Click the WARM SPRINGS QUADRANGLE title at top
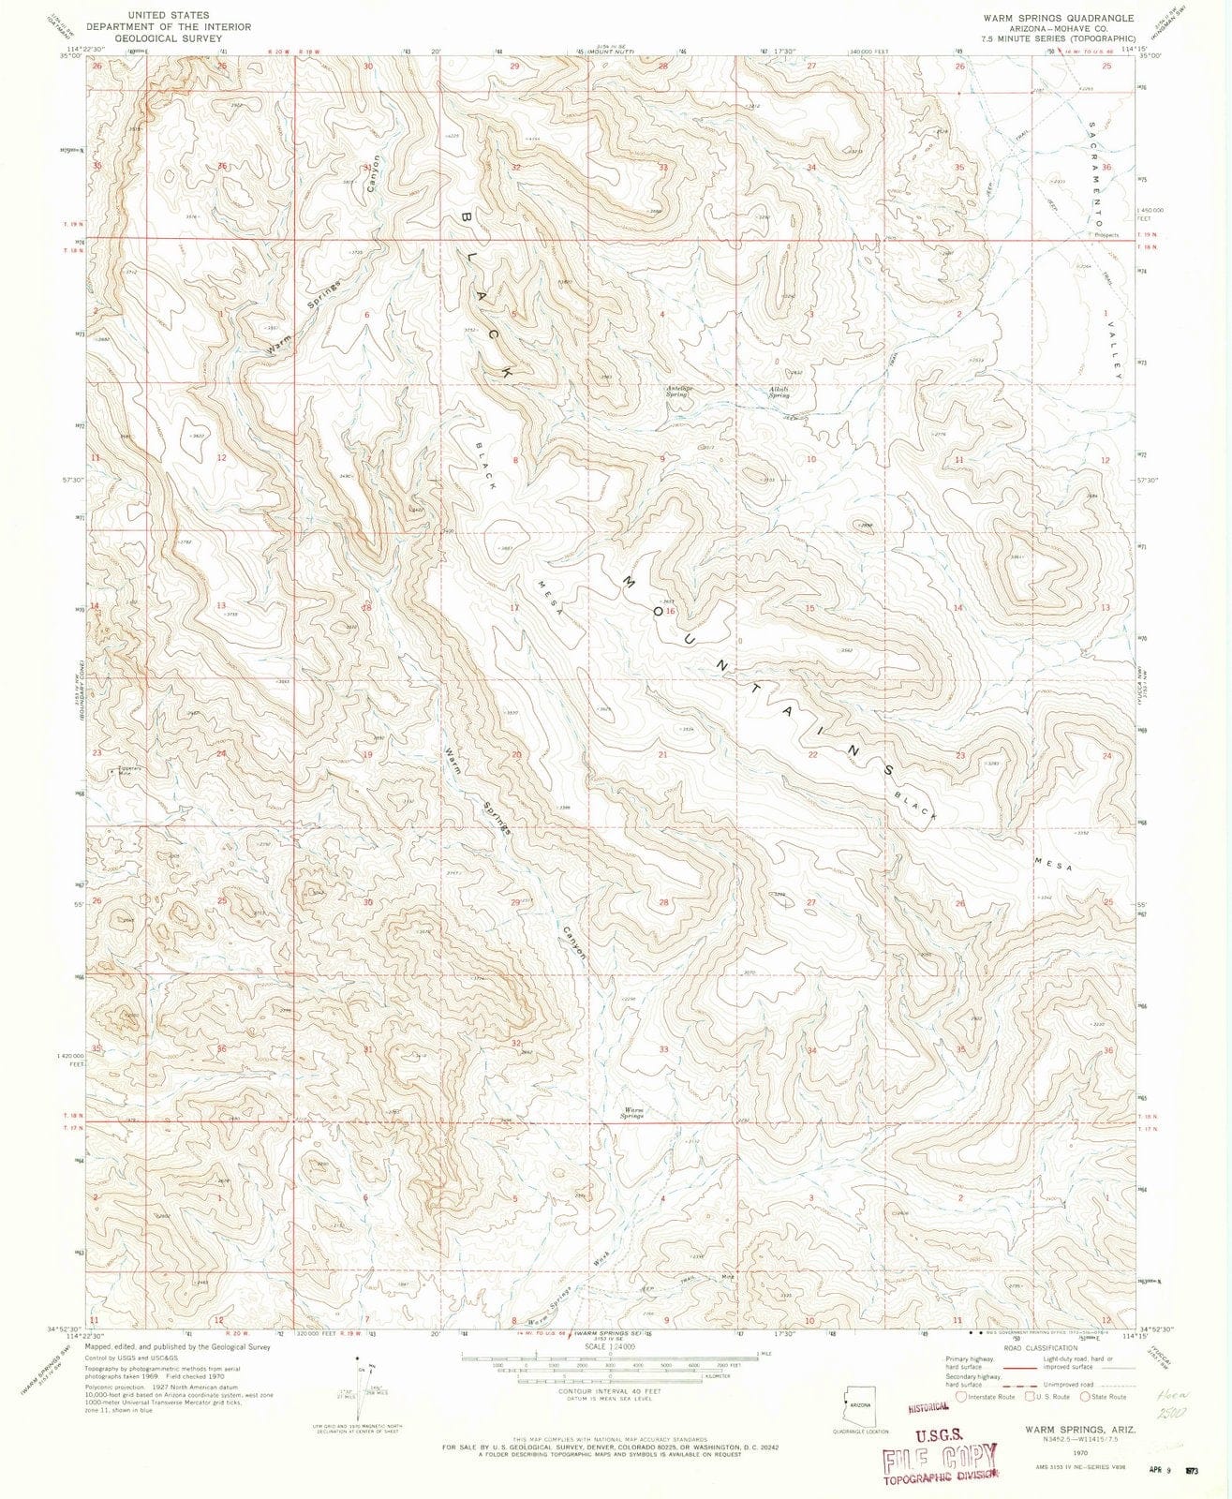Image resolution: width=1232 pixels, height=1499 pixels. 1058,18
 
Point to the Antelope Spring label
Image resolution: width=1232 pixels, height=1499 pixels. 676,391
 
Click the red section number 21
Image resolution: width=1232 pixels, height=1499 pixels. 662,754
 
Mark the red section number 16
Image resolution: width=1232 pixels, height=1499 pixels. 671,611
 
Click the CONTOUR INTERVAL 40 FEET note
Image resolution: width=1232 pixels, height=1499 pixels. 609,1392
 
